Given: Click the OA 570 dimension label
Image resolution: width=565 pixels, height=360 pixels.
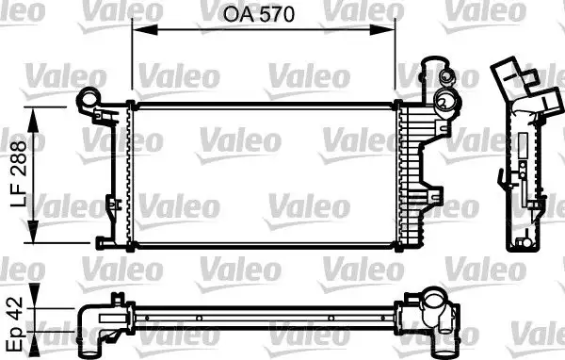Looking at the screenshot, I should [x=261, y=15].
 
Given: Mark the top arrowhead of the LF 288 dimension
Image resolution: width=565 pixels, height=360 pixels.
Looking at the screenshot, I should [x=37, y=112].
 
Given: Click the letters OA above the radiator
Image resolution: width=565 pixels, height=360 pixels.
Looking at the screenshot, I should [x=237, y=15].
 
